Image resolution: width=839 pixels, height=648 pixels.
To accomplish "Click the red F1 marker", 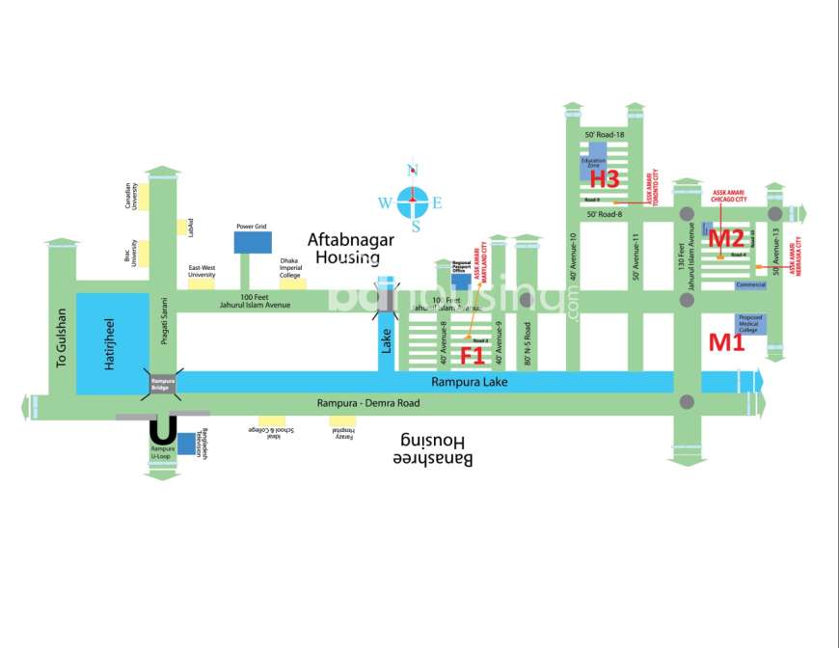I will point(472,355).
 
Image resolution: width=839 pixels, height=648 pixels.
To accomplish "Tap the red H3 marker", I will point(604,178).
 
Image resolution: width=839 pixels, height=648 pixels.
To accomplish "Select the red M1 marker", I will point(727,341).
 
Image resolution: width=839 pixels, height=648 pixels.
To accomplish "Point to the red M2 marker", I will point(726,237).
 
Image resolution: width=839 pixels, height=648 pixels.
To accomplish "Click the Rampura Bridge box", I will point(161,384).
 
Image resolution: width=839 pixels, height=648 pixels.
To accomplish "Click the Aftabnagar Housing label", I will point(344,247).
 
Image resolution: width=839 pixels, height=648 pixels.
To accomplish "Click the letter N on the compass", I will point(415,171).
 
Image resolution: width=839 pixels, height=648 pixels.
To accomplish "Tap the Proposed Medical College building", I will point(750,323).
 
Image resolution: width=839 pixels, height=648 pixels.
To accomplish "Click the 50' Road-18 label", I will point(605,135).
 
